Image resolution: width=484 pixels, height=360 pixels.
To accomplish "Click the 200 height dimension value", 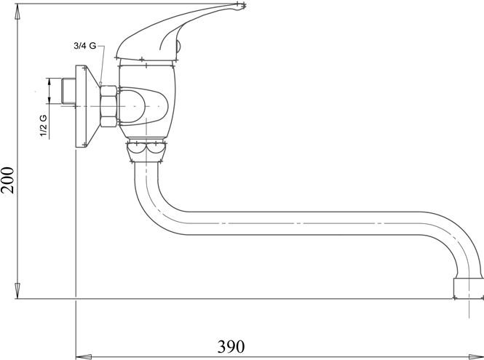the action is pos(8,180).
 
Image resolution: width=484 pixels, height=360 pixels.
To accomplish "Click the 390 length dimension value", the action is pos(231,346).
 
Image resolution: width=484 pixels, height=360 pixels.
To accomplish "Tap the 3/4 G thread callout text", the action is pos(85,46).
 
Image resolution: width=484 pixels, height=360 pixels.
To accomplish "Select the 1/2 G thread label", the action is pos(43,126).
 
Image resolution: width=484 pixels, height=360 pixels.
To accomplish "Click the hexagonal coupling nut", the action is pos(108,106).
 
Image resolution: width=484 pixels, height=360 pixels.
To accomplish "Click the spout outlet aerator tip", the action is pos(467,289).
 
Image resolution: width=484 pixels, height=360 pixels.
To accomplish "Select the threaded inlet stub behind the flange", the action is pos(68,91).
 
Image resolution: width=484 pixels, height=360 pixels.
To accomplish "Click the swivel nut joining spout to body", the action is pos(146,151).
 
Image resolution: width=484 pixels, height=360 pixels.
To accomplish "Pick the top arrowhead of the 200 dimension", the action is pos(17,12).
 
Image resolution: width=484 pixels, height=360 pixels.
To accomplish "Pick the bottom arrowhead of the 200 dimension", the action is pos(17,291).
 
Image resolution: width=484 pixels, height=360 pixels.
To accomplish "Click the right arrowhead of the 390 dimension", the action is pos(476,357).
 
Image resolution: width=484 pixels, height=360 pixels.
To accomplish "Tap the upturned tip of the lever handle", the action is pos(239,6).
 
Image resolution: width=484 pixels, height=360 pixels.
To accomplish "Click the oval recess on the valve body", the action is pos(143,106).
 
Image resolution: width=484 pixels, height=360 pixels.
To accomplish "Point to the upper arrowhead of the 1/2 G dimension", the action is pos(49,83).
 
